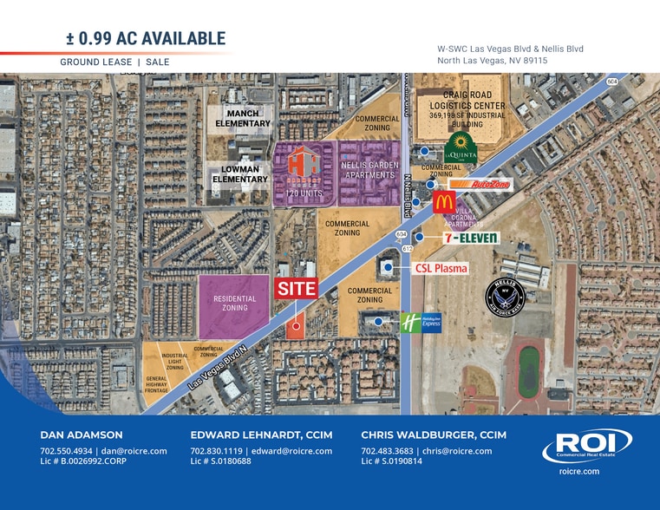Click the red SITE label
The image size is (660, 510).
click(297, 289)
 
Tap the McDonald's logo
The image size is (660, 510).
click(444, 202)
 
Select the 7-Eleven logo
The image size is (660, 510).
click(459, 237)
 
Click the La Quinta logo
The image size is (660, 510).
click(461, 149)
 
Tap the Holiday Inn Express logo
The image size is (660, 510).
click(421, 322)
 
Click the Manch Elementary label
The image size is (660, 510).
click(243, 119)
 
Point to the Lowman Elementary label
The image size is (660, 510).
click(240, 173)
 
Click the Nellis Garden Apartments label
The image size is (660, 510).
click(369, 170)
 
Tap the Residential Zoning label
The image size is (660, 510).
click(235, 303)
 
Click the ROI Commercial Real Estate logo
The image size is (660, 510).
click(580, 447)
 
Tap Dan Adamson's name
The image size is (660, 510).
click(82, 435)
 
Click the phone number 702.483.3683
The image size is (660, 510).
click(387, 451)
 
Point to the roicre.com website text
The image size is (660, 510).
click(580, 471)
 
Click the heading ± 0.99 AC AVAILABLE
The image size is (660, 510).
click(146, 38)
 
